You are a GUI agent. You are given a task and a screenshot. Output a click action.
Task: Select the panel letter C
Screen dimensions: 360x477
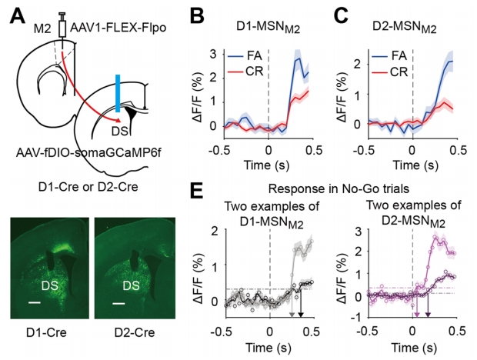(343, 15)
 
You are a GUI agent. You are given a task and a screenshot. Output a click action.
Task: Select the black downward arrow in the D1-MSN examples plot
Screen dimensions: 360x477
(302, 310)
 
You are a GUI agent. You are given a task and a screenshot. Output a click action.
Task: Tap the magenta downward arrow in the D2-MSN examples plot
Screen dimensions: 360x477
(417, 311)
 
